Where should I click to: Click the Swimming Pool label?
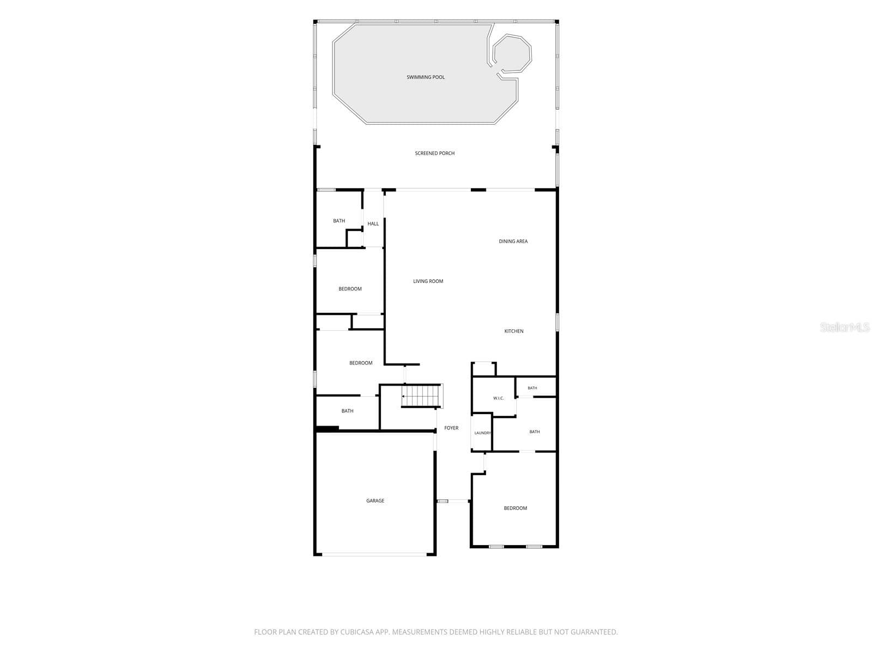point(425,77)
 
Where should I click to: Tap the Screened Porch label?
point(434,153)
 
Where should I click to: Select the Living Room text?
point(428,281)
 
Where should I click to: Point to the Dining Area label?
point(513,241)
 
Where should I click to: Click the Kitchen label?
point(514,331)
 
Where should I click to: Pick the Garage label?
point(375,501)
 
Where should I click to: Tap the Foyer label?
point(451,428)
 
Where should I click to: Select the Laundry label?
point(482,433)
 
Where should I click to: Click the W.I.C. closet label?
point(498,398)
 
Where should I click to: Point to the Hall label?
point(373,223)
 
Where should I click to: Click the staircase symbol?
point(421,396)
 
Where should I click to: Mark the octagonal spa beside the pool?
point(512,54)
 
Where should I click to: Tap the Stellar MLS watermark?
point(845,327)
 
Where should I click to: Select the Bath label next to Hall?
point(339,221)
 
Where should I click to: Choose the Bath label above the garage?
point(347,411)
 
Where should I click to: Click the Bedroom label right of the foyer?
point(515,508)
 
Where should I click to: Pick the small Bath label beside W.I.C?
point(532,388)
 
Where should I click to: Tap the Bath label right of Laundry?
point(534,432)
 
